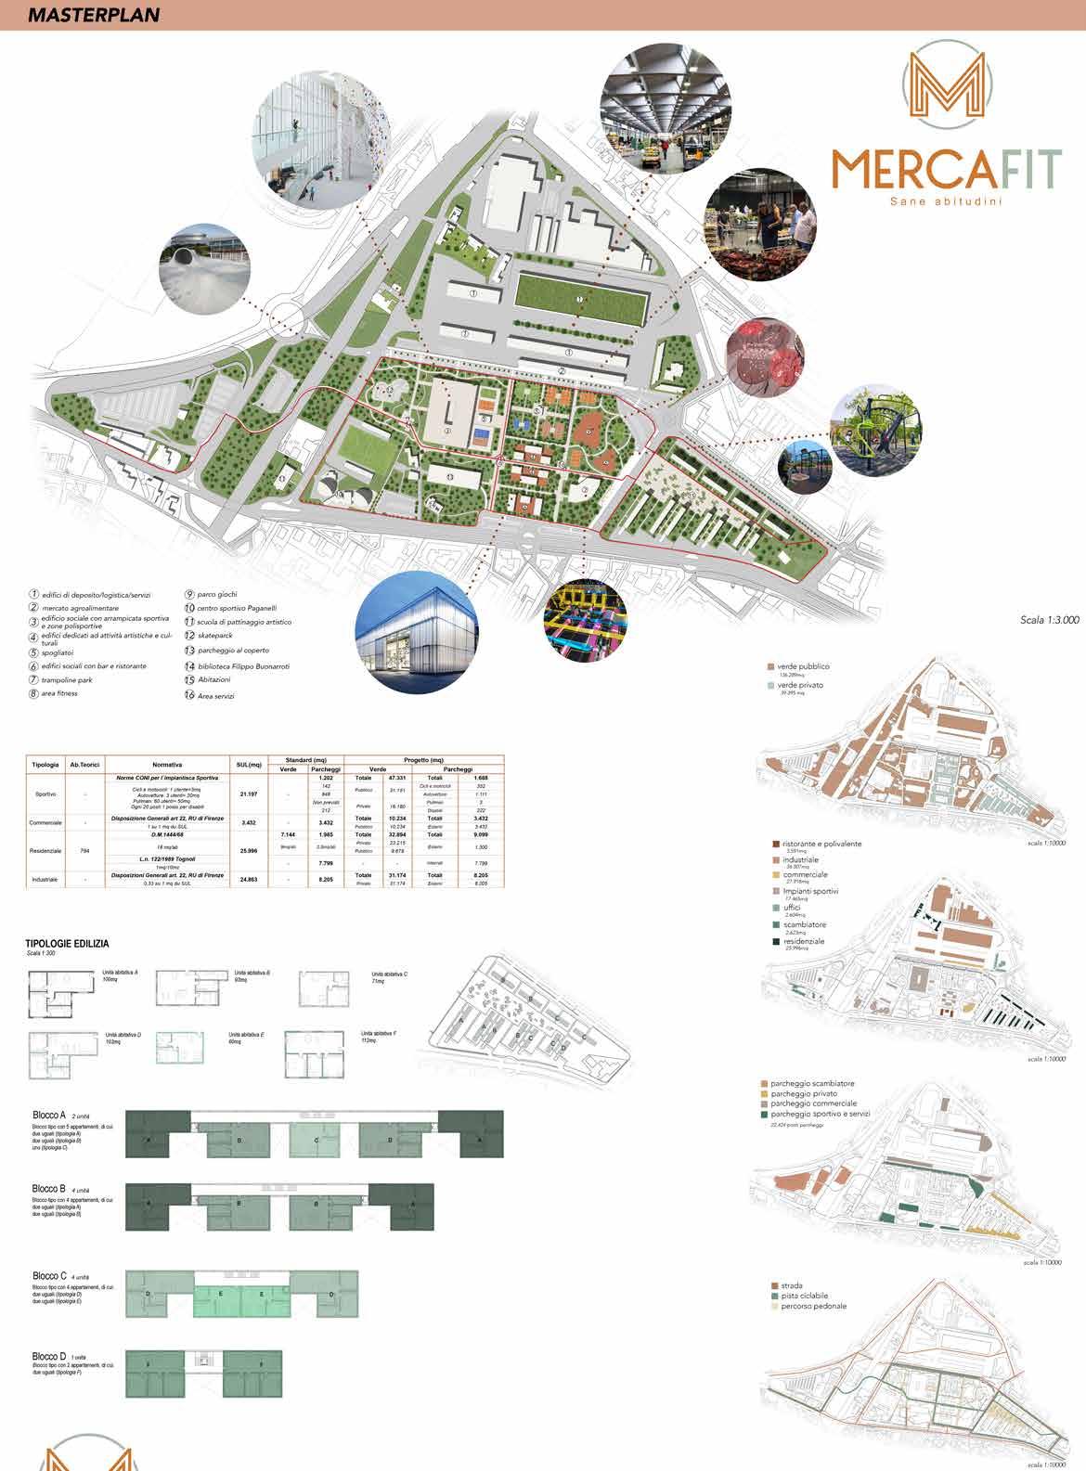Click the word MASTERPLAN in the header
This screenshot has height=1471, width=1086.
click(93, 15)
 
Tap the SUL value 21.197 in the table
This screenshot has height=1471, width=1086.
click(248, 794)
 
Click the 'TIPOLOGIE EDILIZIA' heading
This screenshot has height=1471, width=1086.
click(67, 944)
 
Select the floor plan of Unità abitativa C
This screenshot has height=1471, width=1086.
click(323, 988)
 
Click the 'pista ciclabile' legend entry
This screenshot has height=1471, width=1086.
click(799, 1295)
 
